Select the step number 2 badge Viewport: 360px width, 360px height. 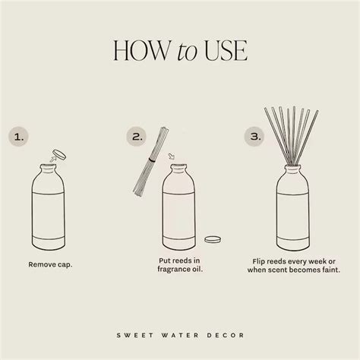(137, 137)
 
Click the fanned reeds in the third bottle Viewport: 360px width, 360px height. (298, 133)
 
